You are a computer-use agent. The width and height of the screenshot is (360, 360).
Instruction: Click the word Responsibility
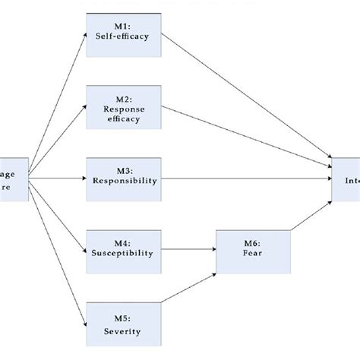125,181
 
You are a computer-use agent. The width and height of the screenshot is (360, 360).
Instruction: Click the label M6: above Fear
253,243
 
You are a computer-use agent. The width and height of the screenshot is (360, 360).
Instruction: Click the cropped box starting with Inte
346,180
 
